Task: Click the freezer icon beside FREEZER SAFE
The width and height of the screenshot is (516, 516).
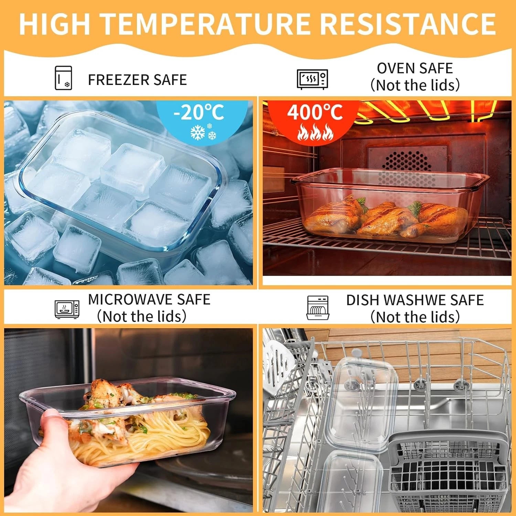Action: click(63, 78)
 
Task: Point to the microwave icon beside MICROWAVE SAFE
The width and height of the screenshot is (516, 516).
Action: click(67, 309)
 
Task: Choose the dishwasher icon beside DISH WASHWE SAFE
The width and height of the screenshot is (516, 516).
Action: click(318, 308)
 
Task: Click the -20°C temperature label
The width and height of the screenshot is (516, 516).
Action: click(199, 112)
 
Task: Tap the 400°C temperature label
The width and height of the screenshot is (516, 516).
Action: click(315, 112)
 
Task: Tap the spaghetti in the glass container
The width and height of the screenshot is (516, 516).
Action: click(144, 437)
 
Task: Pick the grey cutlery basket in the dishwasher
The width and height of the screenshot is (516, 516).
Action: click(447, 475)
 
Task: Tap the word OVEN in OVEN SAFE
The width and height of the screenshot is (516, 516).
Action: click(395, 68)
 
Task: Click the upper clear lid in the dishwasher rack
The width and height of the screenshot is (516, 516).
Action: click(361, 402)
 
